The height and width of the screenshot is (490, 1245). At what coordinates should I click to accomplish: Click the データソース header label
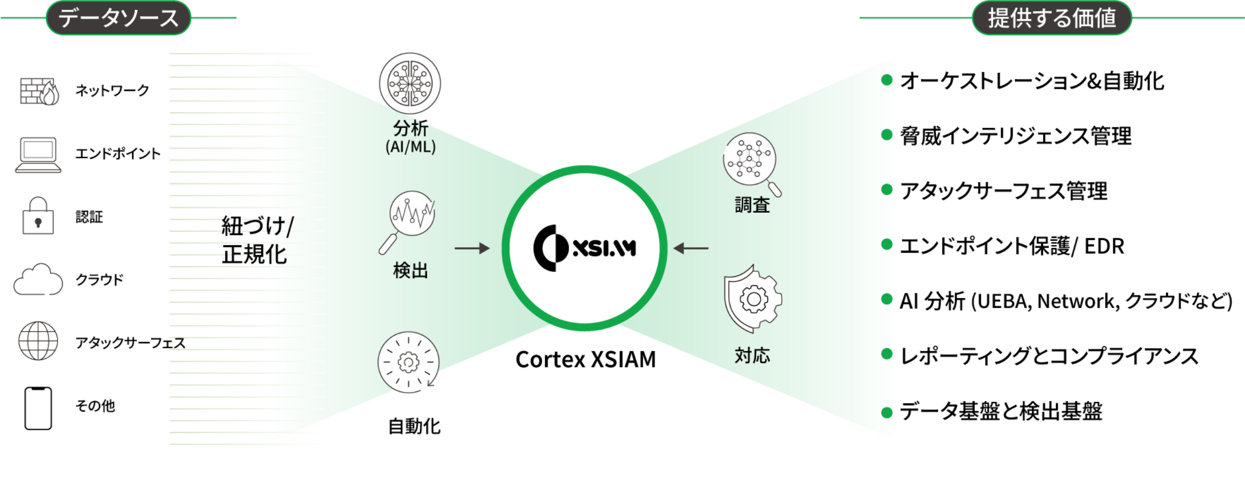point(118,18)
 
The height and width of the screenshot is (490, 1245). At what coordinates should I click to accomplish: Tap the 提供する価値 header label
point(1052,18)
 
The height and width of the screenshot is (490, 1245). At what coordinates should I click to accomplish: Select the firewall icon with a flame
point(39,91)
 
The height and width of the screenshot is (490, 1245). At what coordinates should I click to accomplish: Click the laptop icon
point(38,155)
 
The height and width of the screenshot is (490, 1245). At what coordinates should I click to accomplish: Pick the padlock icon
point(38,216)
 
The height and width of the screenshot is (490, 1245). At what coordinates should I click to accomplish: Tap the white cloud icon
point(38,280)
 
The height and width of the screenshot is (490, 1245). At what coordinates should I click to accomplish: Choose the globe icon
point(38,341)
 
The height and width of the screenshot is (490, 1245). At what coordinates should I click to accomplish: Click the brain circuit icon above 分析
point(410,83)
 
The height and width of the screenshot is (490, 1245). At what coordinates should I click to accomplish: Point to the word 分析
point(410,128)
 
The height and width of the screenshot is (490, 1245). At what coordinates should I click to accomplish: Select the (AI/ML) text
point(410,147)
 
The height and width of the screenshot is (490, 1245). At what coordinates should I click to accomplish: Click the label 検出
point(410,270)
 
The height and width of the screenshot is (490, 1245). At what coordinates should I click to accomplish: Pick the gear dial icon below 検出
point(408,362)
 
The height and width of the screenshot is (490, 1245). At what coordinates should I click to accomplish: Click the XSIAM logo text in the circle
point(604,249)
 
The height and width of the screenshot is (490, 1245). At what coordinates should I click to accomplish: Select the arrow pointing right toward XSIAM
point(472,249)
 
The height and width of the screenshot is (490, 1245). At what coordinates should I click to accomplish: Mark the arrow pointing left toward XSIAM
point(691,249)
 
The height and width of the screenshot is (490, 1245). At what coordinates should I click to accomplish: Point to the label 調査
point(752,205)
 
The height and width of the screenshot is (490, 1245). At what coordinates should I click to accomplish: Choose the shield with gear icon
point(753,298)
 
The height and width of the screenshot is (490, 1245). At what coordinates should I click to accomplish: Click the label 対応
point(752,356)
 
